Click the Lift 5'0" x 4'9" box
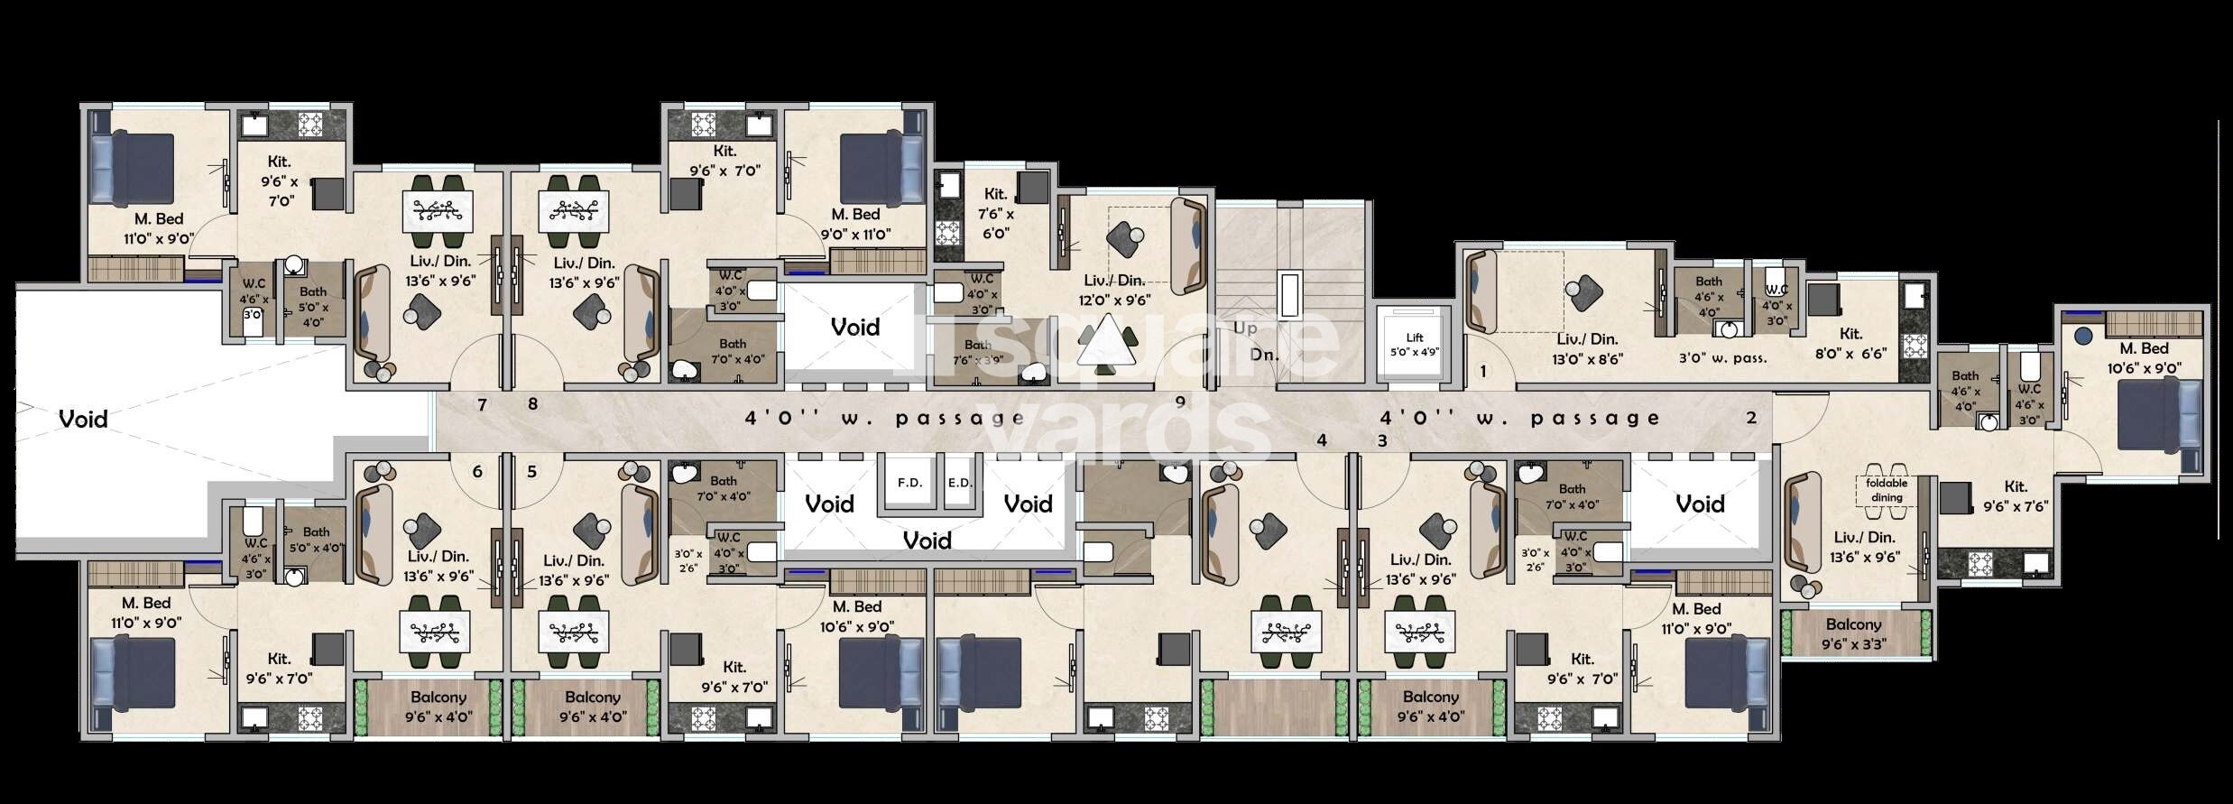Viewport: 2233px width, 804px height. point(1414,345)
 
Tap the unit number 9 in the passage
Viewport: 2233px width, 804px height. point(1179,402)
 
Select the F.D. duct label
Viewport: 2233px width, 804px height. point(909,483)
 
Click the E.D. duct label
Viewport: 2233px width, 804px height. point(960,483)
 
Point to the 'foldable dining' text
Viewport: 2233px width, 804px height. point(1887,490)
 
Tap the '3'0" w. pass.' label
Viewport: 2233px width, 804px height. point(1722,358)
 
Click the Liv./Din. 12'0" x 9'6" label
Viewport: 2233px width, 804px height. point(1113,291)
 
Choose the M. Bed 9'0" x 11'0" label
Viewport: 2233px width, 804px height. point(855,224)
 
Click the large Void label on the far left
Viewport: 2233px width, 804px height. point(83,419)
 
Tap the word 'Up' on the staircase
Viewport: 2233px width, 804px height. point(1245,328)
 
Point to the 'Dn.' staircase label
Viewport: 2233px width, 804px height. point(1264,356)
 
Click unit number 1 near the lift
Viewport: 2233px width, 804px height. point(1482,371)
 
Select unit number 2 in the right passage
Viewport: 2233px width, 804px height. point(1751,418)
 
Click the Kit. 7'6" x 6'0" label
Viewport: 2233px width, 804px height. point(996,213)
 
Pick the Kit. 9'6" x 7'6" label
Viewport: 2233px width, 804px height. point(2016,497)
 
